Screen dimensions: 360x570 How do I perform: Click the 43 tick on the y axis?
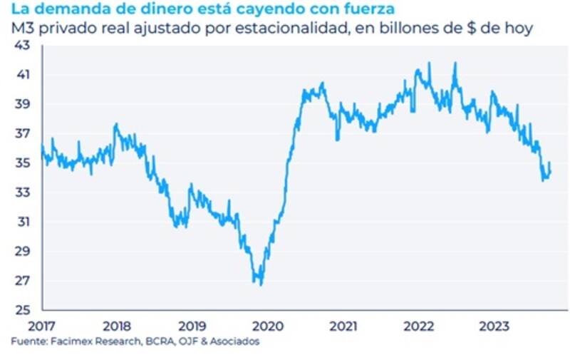coord(22,45)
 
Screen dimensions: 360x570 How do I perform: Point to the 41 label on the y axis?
coord(22,74)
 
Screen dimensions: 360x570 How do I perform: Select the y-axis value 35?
coord(22,163)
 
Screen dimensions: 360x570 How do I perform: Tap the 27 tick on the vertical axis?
coord(22,280)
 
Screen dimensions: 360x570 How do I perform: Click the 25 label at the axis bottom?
coord(22,310)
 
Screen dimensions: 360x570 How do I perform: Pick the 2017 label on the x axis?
coord(42,326)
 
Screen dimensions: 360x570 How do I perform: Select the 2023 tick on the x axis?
coord(494,326)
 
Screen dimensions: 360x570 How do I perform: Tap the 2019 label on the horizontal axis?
coord(192,326)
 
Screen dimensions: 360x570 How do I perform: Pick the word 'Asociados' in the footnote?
coord(234,342)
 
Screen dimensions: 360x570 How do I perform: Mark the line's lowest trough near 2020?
coord(261,285)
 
